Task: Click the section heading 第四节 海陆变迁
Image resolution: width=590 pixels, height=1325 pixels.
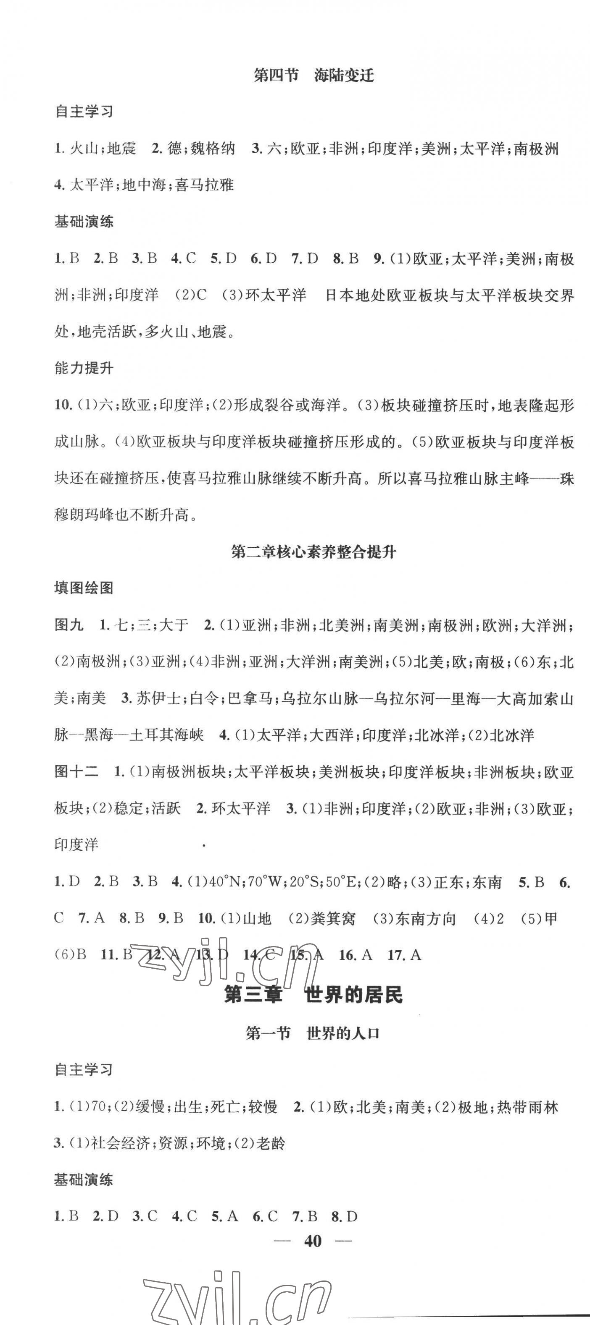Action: point(313,76)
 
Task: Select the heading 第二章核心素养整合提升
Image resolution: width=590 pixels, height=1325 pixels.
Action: point(313,552)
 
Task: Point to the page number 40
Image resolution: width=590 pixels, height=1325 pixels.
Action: point(313,1241)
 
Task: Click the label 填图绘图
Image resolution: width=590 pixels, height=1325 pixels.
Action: point(84,588)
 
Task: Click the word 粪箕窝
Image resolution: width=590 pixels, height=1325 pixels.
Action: point(334,919)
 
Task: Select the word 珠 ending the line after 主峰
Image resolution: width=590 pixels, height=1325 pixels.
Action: point(566,478)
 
